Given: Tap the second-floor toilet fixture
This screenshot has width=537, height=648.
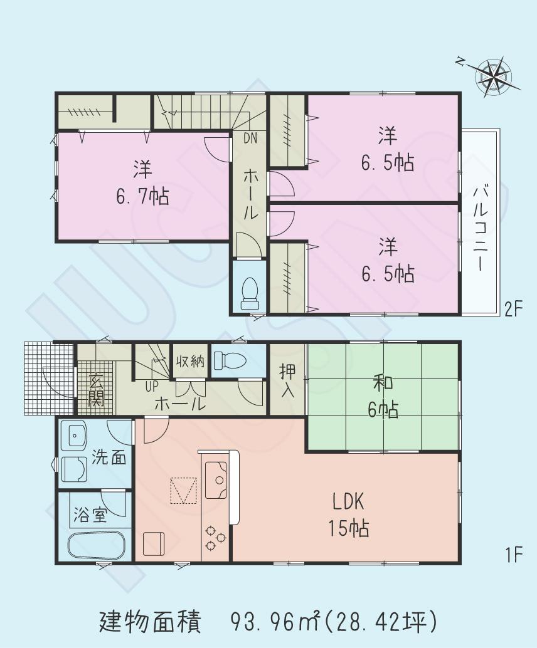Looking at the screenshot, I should (250, 293).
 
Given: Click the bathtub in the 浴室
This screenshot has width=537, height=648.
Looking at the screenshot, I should (97, 546).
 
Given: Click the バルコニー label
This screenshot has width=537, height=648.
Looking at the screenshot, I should (481, 227).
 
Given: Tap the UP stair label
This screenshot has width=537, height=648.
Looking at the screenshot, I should (151, 386).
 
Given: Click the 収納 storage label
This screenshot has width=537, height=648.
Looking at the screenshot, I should (190, 362).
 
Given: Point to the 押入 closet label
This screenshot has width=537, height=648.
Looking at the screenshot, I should (287, 381).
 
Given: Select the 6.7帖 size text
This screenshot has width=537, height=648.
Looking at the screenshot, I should (142, 197).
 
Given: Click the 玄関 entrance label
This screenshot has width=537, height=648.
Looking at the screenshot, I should (96, 390).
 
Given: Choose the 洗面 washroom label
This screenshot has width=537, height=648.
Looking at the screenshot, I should (109, 457).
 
